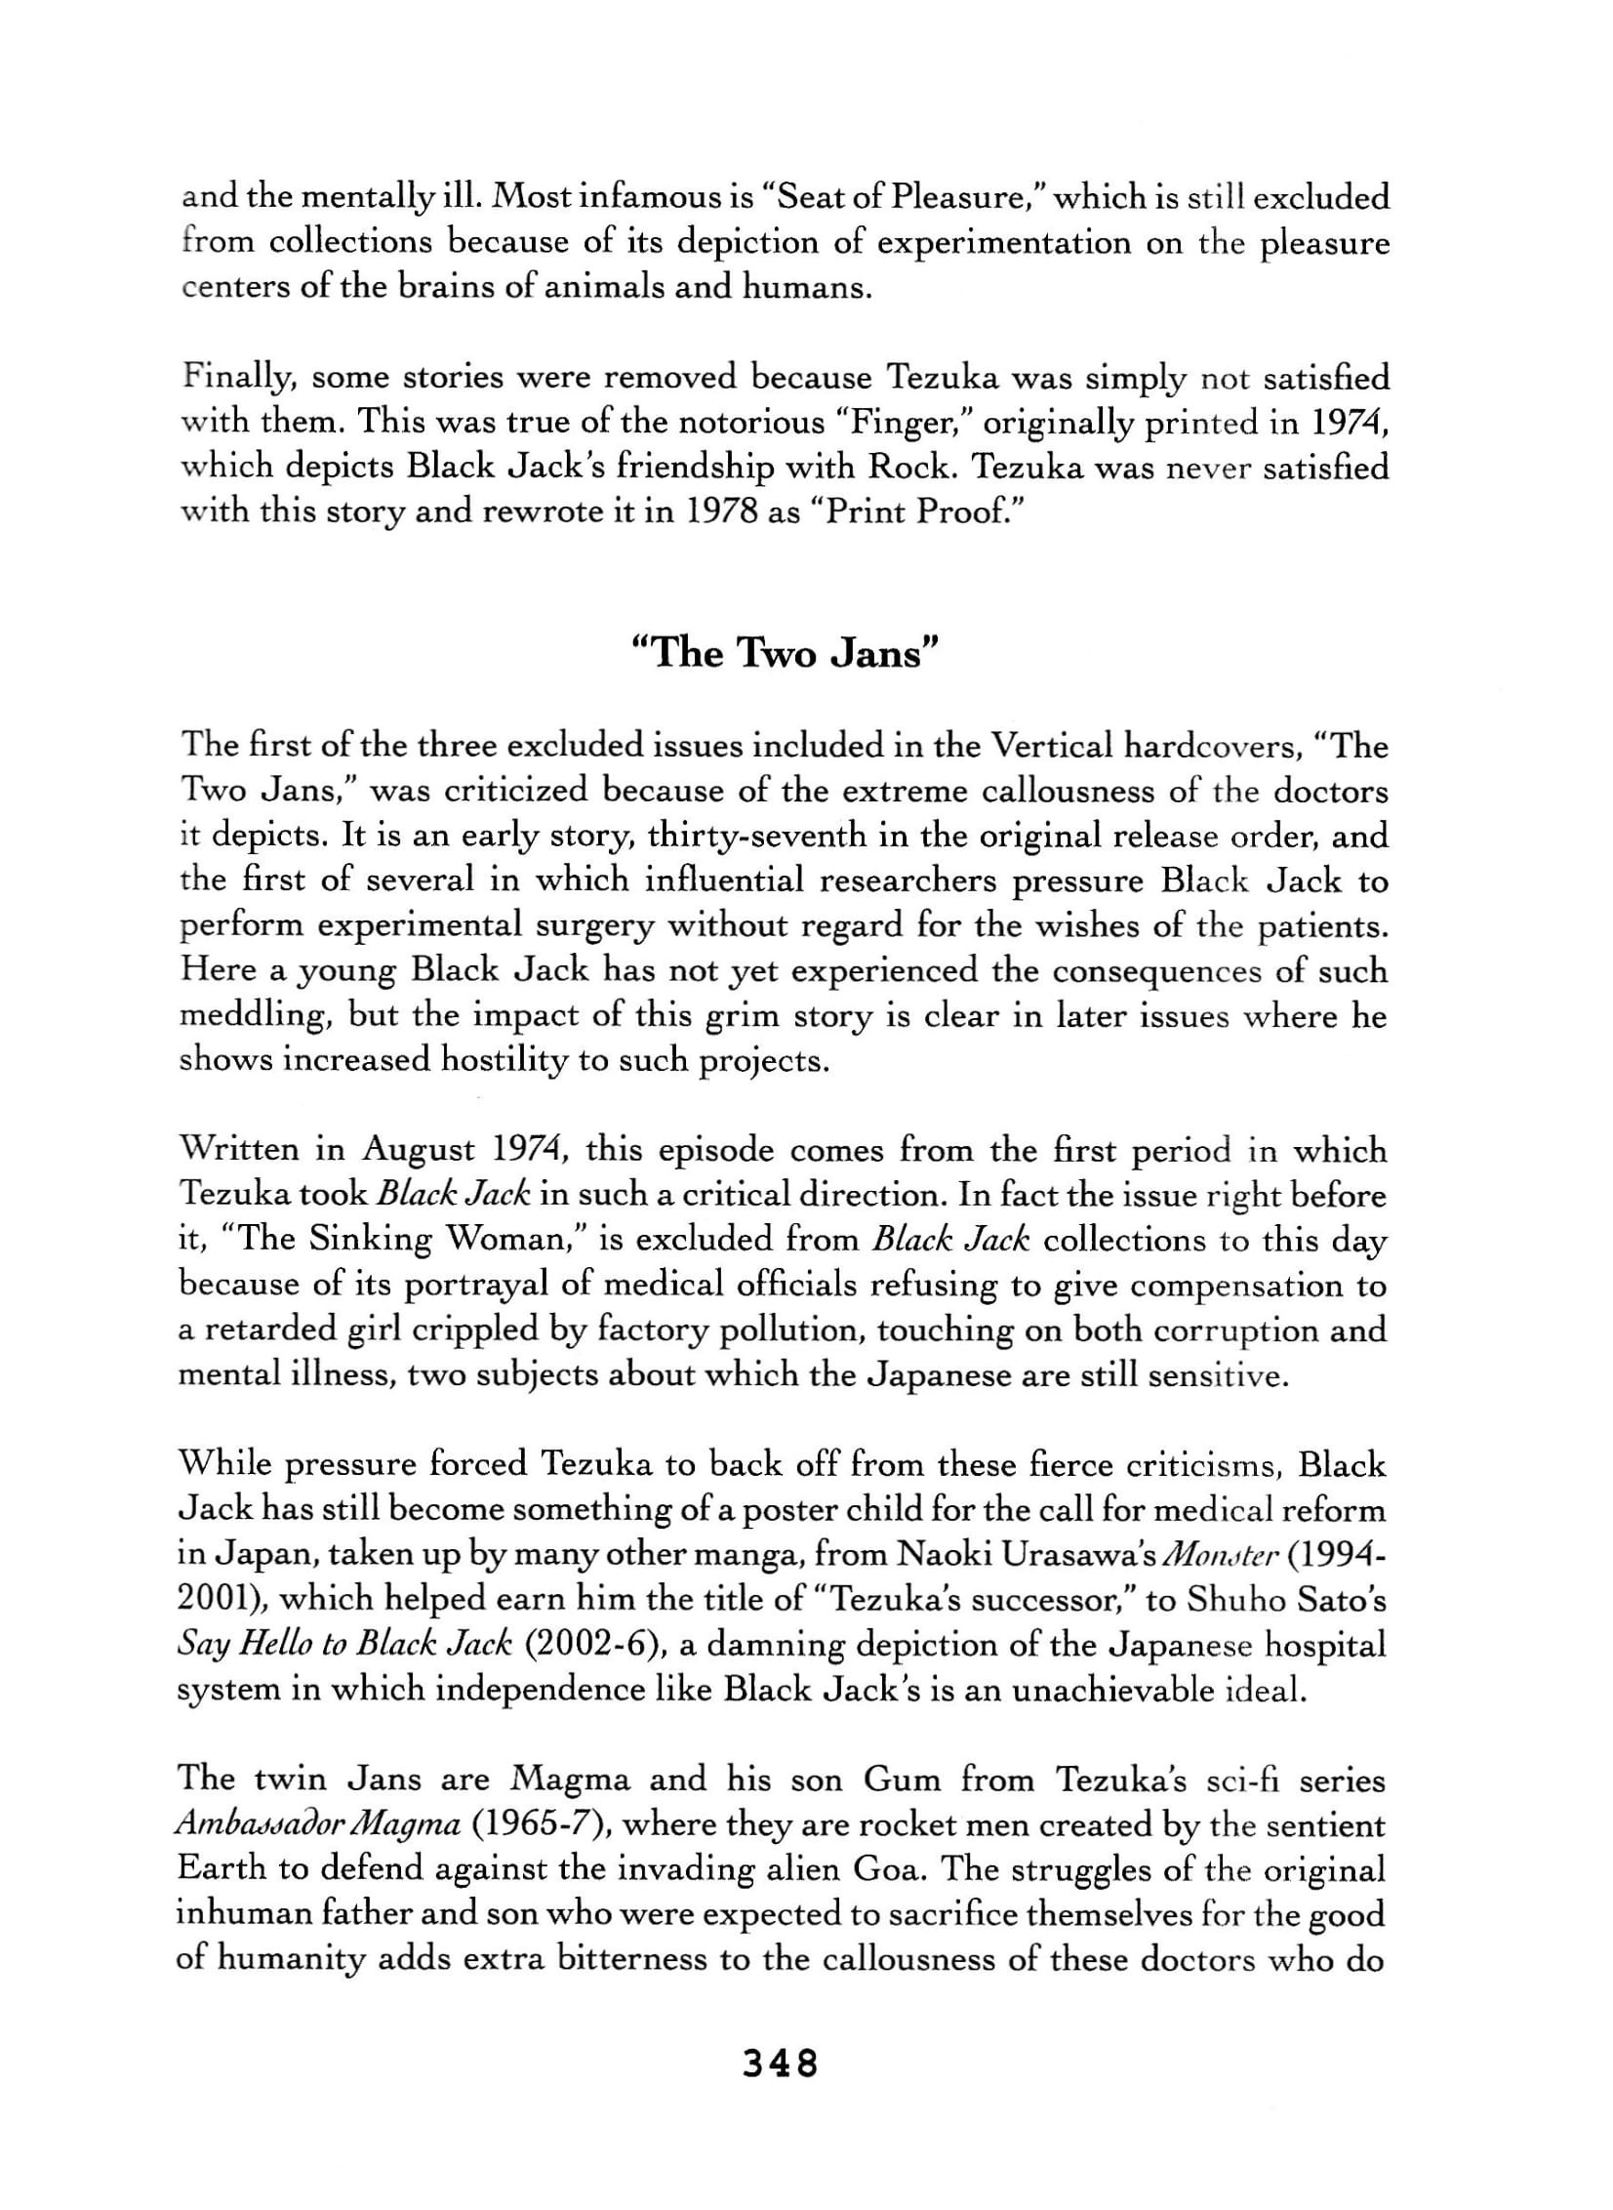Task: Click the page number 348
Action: [780, 2064]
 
